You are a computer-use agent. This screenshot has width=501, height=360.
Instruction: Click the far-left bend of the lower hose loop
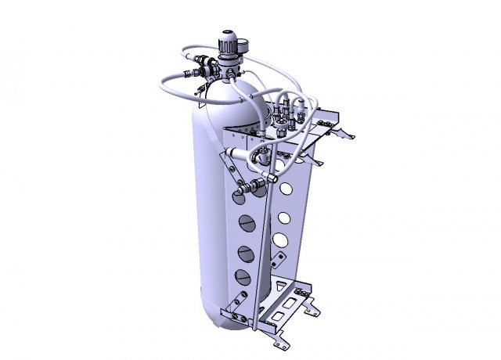point(161,85)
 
